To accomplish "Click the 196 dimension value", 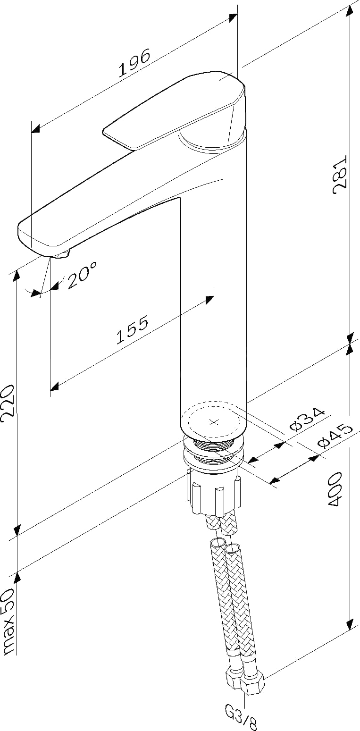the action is [134, 63].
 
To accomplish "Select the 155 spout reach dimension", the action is [132, 329].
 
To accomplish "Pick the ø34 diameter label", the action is [308, 420].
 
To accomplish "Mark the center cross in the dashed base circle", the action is [214, 423].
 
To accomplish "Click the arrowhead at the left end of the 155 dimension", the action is [55, 386].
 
